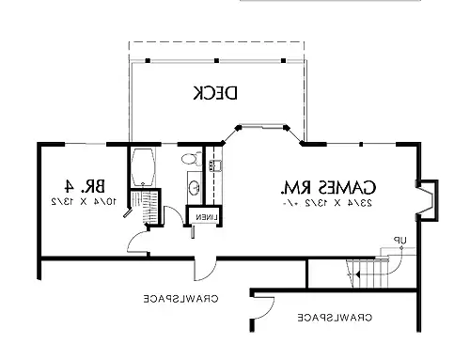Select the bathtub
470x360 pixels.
pyautogui.click(x=145, y=166)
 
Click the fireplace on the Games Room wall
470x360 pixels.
pyautogui.click(x=426, y=199)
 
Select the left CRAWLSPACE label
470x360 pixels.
pyautogui.click(x=180, y=300)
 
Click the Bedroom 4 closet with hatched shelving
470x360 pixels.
pyautogui.click(x=148, y=207)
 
